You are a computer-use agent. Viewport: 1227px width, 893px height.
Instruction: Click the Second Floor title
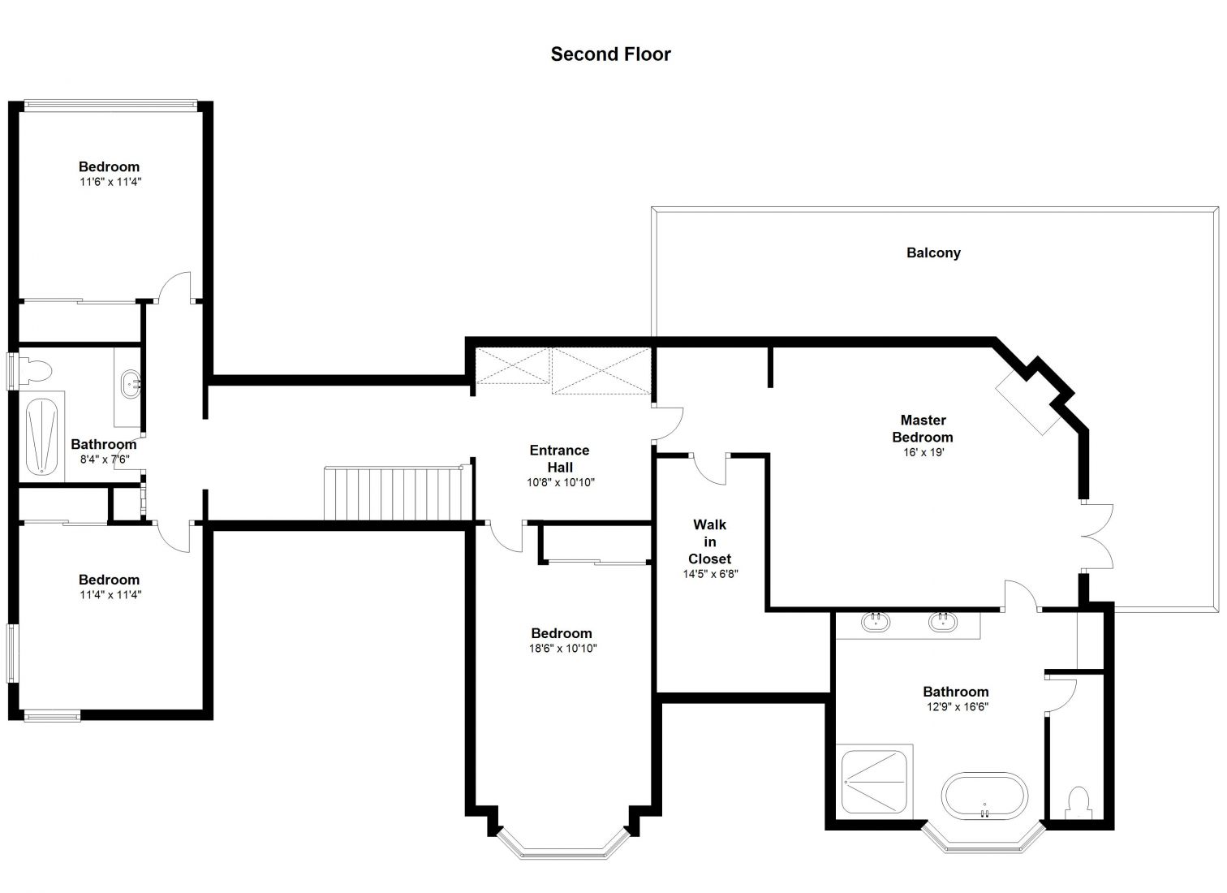tap(610, 54)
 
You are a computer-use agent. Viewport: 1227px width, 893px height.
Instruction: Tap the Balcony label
tap(933, 252)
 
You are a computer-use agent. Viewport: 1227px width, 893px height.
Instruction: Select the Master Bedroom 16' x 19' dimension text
tap(923, 452)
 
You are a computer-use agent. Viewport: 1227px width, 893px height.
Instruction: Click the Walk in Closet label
tap(709, 541)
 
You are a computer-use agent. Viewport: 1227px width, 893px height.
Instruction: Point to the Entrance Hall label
tap(559, 459)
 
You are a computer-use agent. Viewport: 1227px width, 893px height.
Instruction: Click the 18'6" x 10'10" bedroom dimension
tap(562, 649)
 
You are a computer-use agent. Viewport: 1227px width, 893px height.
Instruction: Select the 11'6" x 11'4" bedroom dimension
tap(110, 182)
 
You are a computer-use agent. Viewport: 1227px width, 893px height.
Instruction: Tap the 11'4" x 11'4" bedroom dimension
tap(110, 595)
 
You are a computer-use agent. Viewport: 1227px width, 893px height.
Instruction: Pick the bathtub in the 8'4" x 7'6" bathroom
tap(41, 436)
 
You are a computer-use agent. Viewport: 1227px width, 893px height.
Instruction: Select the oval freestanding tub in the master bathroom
tap(984, 796)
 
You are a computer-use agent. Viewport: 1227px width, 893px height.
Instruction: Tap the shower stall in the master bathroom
tap(874, 782)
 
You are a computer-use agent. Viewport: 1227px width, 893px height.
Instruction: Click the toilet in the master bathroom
tap(1078, 804)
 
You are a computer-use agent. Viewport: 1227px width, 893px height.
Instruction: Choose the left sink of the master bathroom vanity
tap(876, 622)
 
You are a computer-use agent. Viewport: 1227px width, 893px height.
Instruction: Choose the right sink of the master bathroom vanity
tap(943, 622)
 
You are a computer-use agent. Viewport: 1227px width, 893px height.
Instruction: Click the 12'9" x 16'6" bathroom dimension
tap(957, 707)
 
